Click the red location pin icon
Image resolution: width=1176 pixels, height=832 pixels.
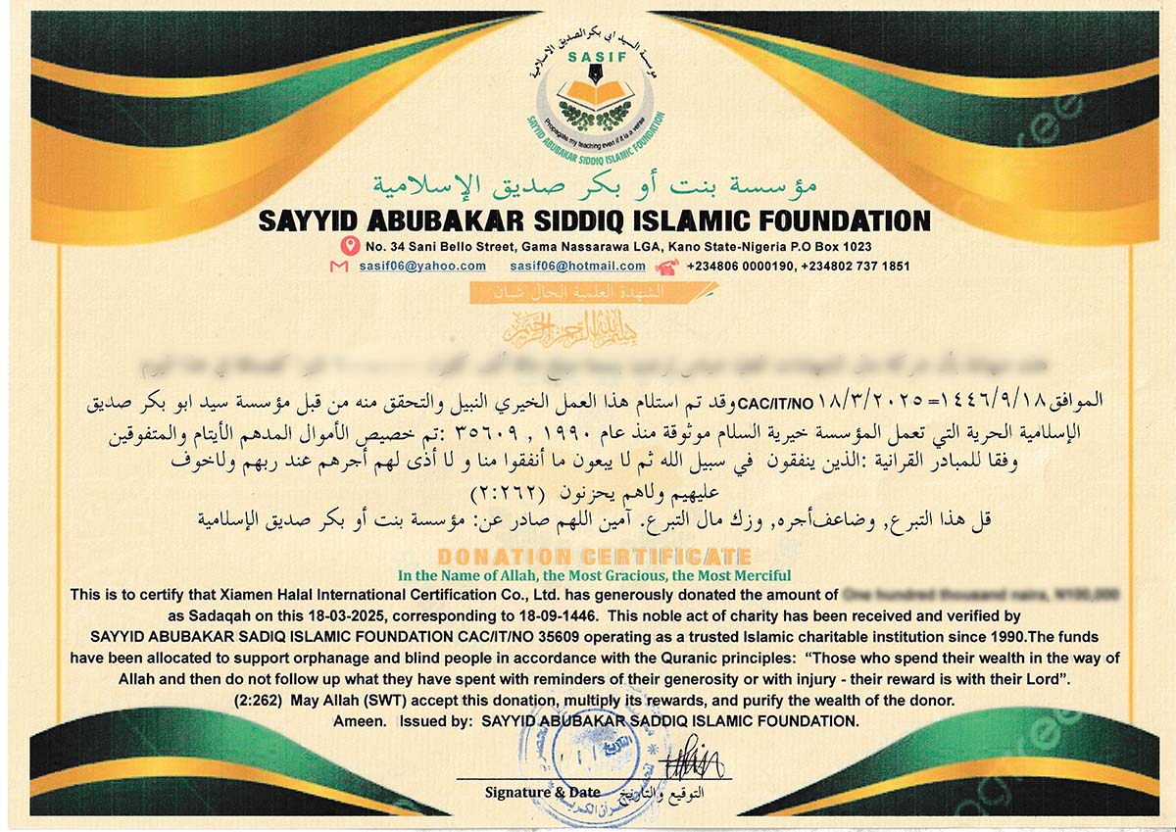(x=348, y=246)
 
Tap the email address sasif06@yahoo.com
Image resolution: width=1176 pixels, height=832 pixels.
(x=422, y=267)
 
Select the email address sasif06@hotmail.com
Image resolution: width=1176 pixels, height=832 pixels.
(x=577, y=267)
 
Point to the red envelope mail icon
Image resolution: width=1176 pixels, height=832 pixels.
(x=339, y=267)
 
